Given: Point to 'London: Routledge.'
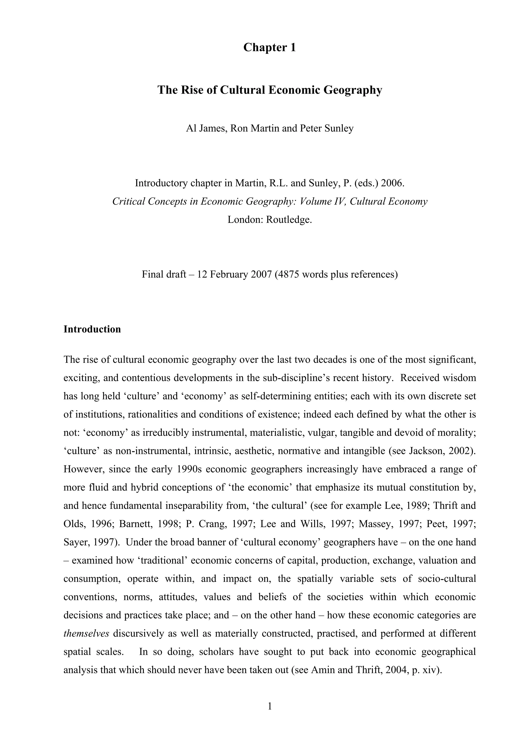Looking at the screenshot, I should [270, 219].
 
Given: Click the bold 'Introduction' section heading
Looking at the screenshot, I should [92, 329].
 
